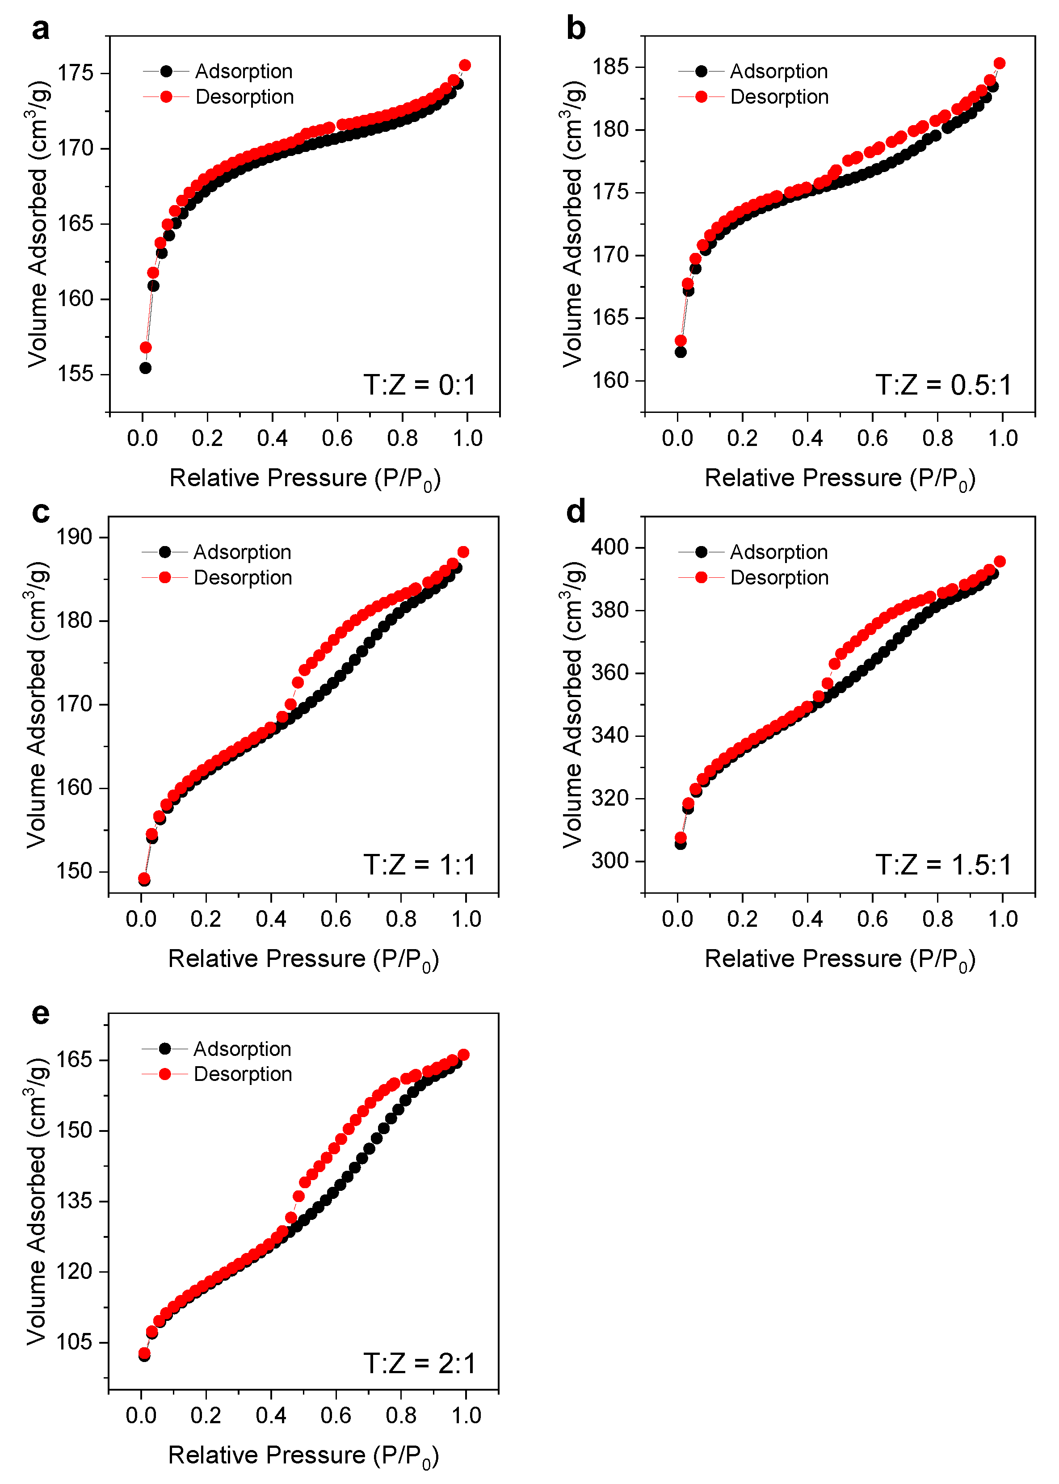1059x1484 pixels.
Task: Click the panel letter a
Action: click(40, 30)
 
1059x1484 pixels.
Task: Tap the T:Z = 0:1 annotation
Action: click(419, 385)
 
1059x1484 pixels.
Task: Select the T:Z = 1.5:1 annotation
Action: click(943, 865)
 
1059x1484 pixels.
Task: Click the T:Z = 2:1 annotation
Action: click(419, 1363)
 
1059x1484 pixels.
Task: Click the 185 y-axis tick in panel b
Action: click(610, 67)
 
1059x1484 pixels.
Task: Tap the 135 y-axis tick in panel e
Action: click(74, 1201)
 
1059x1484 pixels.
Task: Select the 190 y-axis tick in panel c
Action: click(74, 537)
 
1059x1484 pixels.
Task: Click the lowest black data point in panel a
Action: click(145, 368)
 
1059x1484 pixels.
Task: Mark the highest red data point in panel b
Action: click(999, 63)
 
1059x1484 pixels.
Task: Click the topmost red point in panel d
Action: click(999, 561)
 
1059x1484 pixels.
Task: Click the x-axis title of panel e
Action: click(303, 1455)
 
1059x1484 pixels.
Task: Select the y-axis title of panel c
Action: click(37, 705)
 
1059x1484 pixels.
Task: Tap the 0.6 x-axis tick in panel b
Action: click(873, 439)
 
